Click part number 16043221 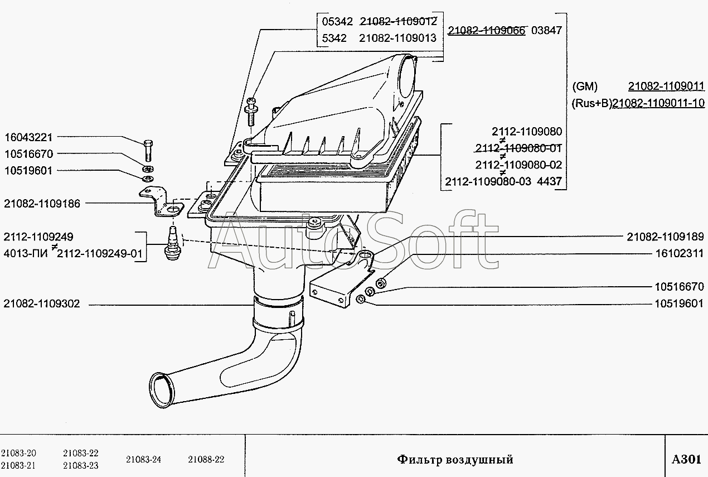[x=28, y=138]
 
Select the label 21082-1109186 [x=42, y=204]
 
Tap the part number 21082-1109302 [x=42, y=304]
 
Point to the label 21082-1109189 [x=665, y=237]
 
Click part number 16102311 [x=680, y=254]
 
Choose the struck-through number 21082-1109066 [x=487, y=30]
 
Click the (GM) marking [x=585, y=86]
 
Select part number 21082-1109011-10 [x=658, y=103]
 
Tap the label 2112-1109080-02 [x=518, y=165]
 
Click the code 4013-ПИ [x=26, y=254]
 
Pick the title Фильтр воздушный [x=455, y=459]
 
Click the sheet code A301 [x=686, y=459]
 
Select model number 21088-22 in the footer [x=206, y=459]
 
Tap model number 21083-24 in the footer [x=143, y=459]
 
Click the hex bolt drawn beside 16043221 [x=148, y=151]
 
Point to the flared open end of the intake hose [x=162, y=391]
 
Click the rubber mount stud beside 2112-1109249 [x=173, y=243]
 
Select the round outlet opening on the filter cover [x=406, y=78]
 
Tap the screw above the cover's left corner [x=251, y=112]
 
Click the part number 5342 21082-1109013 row [x=379, y=38]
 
